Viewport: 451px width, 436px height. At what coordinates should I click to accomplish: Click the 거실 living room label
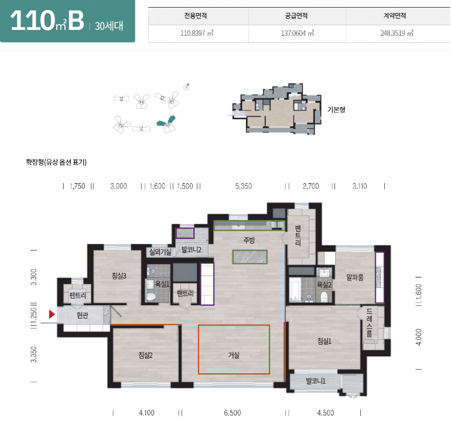click(x=234, y=355)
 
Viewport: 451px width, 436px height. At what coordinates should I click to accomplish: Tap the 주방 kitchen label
click(x=249, y=240)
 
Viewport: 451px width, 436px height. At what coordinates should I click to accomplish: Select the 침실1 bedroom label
click(x=324, y=341)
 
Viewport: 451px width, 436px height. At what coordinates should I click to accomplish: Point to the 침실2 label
click(x=145, y=355)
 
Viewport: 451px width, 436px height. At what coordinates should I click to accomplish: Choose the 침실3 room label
click(x=119, y=276)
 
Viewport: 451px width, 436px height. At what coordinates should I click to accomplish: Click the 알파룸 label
click(x=355, y=277)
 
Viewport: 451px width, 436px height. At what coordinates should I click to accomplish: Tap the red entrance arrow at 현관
click(x=52, y=314)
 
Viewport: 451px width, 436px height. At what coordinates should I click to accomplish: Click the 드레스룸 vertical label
click(x=370, y=323)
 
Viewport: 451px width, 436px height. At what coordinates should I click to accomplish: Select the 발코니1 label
click(x=316, y=381)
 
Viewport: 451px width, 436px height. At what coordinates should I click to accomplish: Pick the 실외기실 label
click(x=160, y=252)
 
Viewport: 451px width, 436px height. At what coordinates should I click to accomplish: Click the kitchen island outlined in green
click(x=250, y=257)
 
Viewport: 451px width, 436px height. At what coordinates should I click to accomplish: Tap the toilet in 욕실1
click(x=152, y=296)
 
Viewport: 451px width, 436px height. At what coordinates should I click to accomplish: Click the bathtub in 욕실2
click(x=295, y=289)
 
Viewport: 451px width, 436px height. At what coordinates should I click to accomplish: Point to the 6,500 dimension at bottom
click(x=233, y=413)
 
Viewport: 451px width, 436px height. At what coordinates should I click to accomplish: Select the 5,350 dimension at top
click(x=243, y=186)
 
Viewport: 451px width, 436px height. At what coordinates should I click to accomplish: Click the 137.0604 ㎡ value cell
click(x=298, y=33)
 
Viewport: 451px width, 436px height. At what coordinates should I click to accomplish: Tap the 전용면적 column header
click(x=196, y=16)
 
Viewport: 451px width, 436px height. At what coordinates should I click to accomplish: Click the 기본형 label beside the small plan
click(x=336, y=110)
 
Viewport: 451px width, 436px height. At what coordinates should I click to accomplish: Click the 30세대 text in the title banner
click(x=109, y=26)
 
